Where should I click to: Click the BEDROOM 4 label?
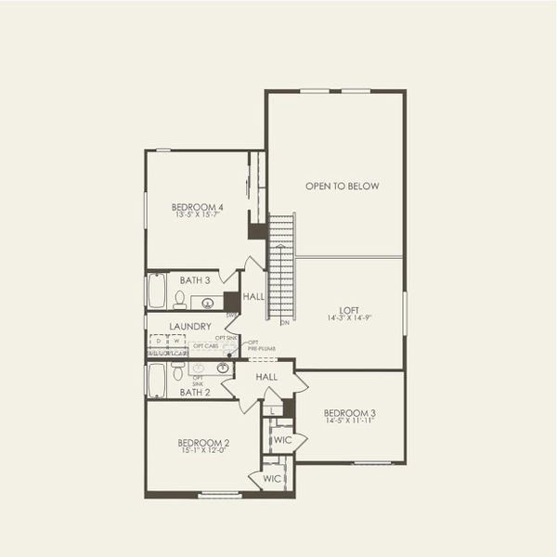point(198,207)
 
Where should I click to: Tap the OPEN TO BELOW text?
point(343,187)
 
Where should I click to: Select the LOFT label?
point(349,310)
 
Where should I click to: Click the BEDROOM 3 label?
point(349,412)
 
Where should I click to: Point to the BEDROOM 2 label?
point(203,442)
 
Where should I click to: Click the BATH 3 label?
point(195,279)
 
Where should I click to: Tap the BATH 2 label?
point(195,393)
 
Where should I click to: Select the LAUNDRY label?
point(190,327)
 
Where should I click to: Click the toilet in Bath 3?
point(178,299)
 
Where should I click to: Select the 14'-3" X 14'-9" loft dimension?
point(349,319)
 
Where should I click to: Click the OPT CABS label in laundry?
point(205,345)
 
